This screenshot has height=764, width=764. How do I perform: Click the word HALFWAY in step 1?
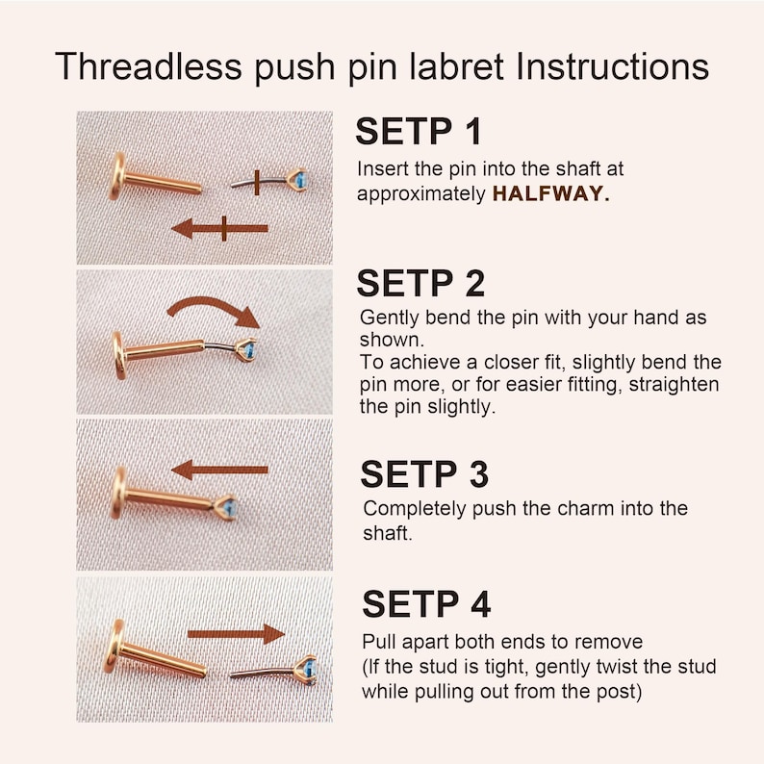coord(550,194)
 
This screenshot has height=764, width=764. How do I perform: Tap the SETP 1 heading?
coord(419,131)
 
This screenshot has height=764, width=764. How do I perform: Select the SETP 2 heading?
coord(420,283)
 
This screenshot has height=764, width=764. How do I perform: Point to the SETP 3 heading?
coord(424,474)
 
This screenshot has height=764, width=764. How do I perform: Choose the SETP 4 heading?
coord(426,603)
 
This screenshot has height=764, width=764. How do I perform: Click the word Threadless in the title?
coord(148,66)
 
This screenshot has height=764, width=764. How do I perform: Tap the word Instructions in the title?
coord(612,66)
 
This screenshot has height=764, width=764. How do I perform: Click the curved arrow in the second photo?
coord(215,305)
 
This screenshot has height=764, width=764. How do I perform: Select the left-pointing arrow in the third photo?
coord(219,471)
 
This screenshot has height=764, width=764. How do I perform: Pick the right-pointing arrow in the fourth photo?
coord(237,634)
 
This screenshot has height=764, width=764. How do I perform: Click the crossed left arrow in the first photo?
coord(219,228)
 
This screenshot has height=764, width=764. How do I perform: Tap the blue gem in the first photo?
coord(301,180)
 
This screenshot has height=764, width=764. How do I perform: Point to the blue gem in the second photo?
coord(248,349)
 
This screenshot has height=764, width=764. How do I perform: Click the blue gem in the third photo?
coord(228,508)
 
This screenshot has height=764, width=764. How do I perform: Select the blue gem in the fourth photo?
coord(310,669)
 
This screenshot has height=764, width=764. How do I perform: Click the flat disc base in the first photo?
coord(117,176)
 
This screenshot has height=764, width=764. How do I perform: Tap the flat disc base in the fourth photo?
coord(114,647)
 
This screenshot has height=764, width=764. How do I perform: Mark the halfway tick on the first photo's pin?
coord(257,183)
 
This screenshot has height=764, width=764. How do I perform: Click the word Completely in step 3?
coord(415,509)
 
